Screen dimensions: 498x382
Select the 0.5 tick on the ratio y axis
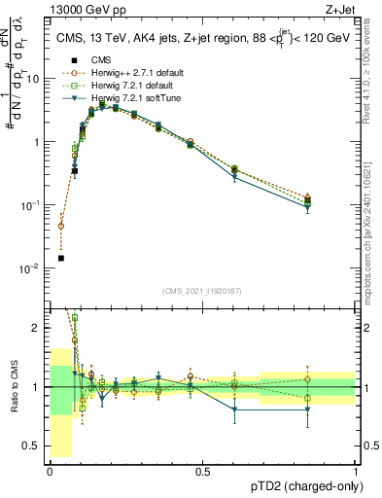click(x=32, y=446)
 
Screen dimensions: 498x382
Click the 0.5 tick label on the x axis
click(x=202, y=473)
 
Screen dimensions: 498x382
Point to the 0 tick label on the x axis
click(x=51, y=473)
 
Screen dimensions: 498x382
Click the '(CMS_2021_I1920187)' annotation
click(x=202, y=290)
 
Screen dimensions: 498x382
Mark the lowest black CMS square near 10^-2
click(x=61, y=258)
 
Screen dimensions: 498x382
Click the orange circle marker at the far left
click(x=61, y=226)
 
